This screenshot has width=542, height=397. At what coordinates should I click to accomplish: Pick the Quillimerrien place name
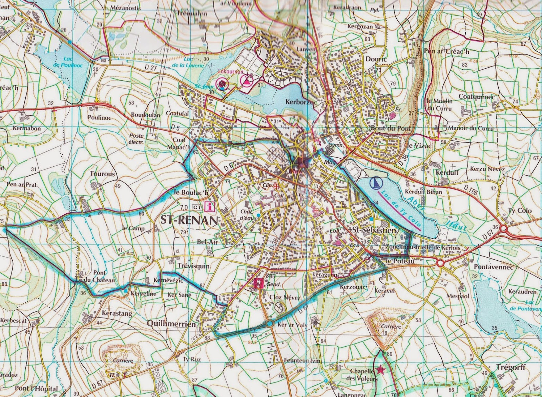(x=171, y=324)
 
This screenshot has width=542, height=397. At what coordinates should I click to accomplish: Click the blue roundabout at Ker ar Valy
(x=270, y=324)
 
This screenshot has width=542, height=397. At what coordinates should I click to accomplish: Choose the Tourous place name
(x=102, y=174)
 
